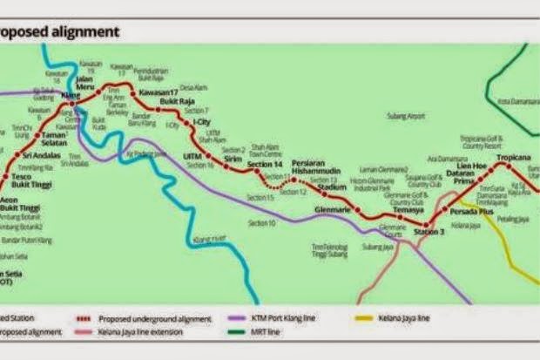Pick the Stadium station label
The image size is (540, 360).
coord(331,187)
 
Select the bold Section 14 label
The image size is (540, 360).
coord(266,165)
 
